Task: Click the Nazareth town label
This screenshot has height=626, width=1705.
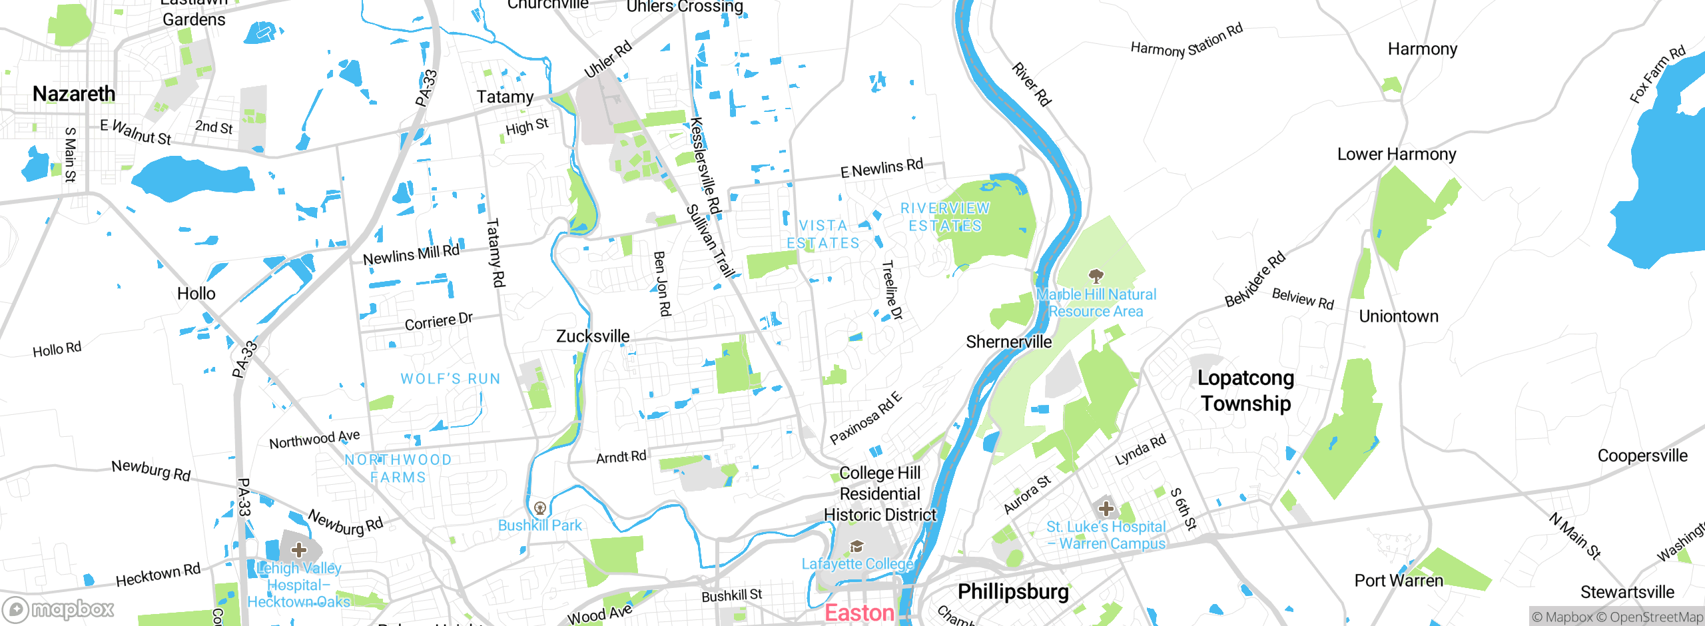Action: pos(74,94)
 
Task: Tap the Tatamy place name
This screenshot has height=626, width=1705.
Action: pos(505,97)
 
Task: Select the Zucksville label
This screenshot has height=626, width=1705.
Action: pos(593,336)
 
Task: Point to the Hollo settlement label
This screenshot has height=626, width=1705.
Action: pos(196,294)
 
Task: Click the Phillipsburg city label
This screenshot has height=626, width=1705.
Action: pos(1013,591)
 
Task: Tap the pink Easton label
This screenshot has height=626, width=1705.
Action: pos(859,613)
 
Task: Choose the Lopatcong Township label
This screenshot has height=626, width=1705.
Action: pos(1245,390)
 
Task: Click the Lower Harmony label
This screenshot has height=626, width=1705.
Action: pos(1397,155)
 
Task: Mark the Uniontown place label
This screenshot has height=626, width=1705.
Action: pos(1399,316)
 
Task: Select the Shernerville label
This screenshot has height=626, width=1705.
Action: pos(1009,342)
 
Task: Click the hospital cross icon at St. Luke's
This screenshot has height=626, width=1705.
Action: pos(1106,509)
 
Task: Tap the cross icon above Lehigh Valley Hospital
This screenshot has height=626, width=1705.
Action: pos(299,550)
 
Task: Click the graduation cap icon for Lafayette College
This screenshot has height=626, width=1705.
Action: pos(857,547)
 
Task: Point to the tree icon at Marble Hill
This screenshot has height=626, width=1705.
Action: pos(1096,276)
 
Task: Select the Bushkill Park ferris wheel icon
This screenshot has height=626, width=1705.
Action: pos(540,508)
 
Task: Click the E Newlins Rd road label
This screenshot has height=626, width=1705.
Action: pos(882,168)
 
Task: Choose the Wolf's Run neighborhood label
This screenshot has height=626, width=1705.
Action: pos(450,379)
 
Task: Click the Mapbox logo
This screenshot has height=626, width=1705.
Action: pos(59,609)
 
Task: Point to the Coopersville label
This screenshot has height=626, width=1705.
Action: pos(1642,456)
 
